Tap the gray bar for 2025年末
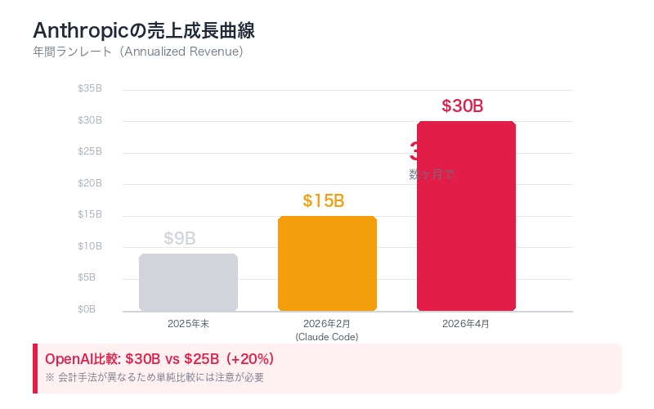coord(188,282)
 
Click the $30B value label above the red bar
coord(463,106)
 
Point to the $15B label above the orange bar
coord(324,201)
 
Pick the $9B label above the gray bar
coord(180,239)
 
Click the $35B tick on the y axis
coord(89,88)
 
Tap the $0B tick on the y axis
coord(87,309)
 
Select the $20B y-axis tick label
coord(89,183)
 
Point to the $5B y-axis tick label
coord(87,277)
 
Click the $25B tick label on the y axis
coord(89,151)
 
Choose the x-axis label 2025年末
coord(188,324)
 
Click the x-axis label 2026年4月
coord(466,324)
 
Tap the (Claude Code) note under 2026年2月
coord(327,337)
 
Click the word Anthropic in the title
coord(80,31)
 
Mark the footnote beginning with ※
coord(155,377)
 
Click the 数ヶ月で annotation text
coord(431,174)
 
